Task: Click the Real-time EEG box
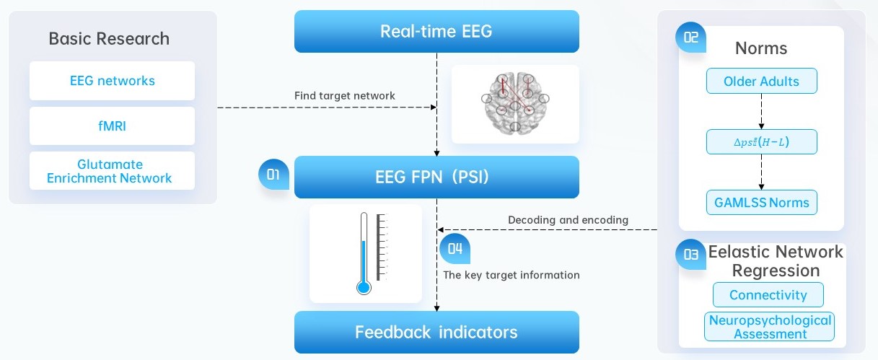coord(436,31)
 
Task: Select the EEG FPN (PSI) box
coord(436,177)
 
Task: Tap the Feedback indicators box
coord(436,332)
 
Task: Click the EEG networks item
coord(112,81)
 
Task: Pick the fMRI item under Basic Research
coord(112,126)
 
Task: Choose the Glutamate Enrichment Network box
coord(112,171)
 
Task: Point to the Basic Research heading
coord(109,38)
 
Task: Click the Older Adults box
coord(761,82)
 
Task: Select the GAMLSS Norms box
coord(761,202)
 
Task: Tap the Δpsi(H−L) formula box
coord(761,142)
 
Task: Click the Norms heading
coord(761,49)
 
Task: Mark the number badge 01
coord(273,175)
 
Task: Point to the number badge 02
coord(690,38)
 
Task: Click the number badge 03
coord(690,253)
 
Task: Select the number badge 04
coord(455,249)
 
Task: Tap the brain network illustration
coord(515,104)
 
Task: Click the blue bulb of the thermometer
coord(364,288)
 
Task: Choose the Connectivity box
coord(768,295)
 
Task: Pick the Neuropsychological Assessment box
coord(769,327)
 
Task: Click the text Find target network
coord(345,95)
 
